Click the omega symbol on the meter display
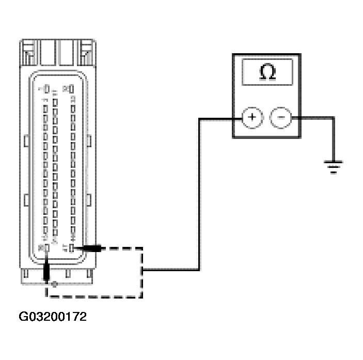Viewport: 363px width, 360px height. point(267,72)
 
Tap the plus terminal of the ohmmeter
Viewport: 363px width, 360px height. point(252,117)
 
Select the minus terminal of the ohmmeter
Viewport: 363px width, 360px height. point(281,117)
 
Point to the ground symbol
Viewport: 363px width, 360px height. point(333,167)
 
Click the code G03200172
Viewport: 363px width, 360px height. point(53,317)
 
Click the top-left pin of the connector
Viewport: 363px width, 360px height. point(46,89)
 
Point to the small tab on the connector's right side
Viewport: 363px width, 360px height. point(90,141)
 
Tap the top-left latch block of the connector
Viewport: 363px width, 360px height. point(28,52)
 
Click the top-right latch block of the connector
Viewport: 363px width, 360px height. point(87,52)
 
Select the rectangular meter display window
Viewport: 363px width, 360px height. point(267,72)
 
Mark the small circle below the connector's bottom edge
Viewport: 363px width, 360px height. point(55,284)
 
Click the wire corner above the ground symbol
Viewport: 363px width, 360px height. point(333,118)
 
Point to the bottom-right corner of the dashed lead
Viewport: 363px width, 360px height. point(142,296)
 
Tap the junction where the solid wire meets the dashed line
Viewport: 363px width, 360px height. point(143,269)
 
